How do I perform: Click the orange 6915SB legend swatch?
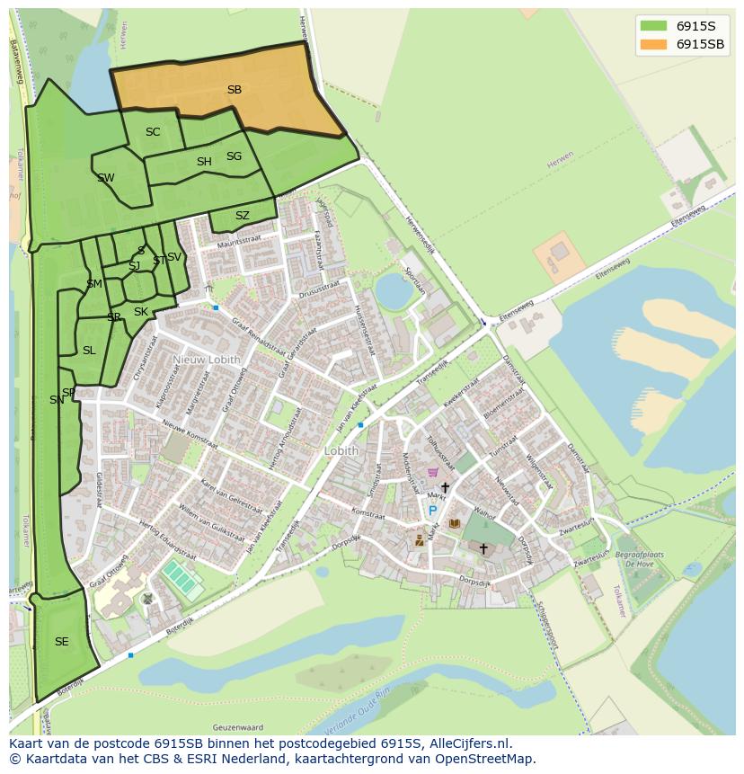click(x=654, y=44)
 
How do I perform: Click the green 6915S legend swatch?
click(x=654, y=25)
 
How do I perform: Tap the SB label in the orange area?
click(x=234, y=90)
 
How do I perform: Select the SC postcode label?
click(x=153, y=132)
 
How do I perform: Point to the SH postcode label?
click(x=204, y=162)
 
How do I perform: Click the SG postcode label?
click(x=234, y=156)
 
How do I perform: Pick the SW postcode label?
click(x=106, y=178)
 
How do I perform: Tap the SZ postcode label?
click(x=243, y=216)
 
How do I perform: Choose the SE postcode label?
click(x=61, y=642)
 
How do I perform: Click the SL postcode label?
click(x=89, y=351)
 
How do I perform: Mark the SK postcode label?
click(x=141, y=312)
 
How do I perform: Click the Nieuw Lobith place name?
click(x=208, y=360)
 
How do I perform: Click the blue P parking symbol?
click(x=432, y=511)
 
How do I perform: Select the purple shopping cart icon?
click(x=433, y=472)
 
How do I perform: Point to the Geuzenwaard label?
click(x=238, y=726)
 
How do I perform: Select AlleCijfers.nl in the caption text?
click(x=466, y=743)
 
